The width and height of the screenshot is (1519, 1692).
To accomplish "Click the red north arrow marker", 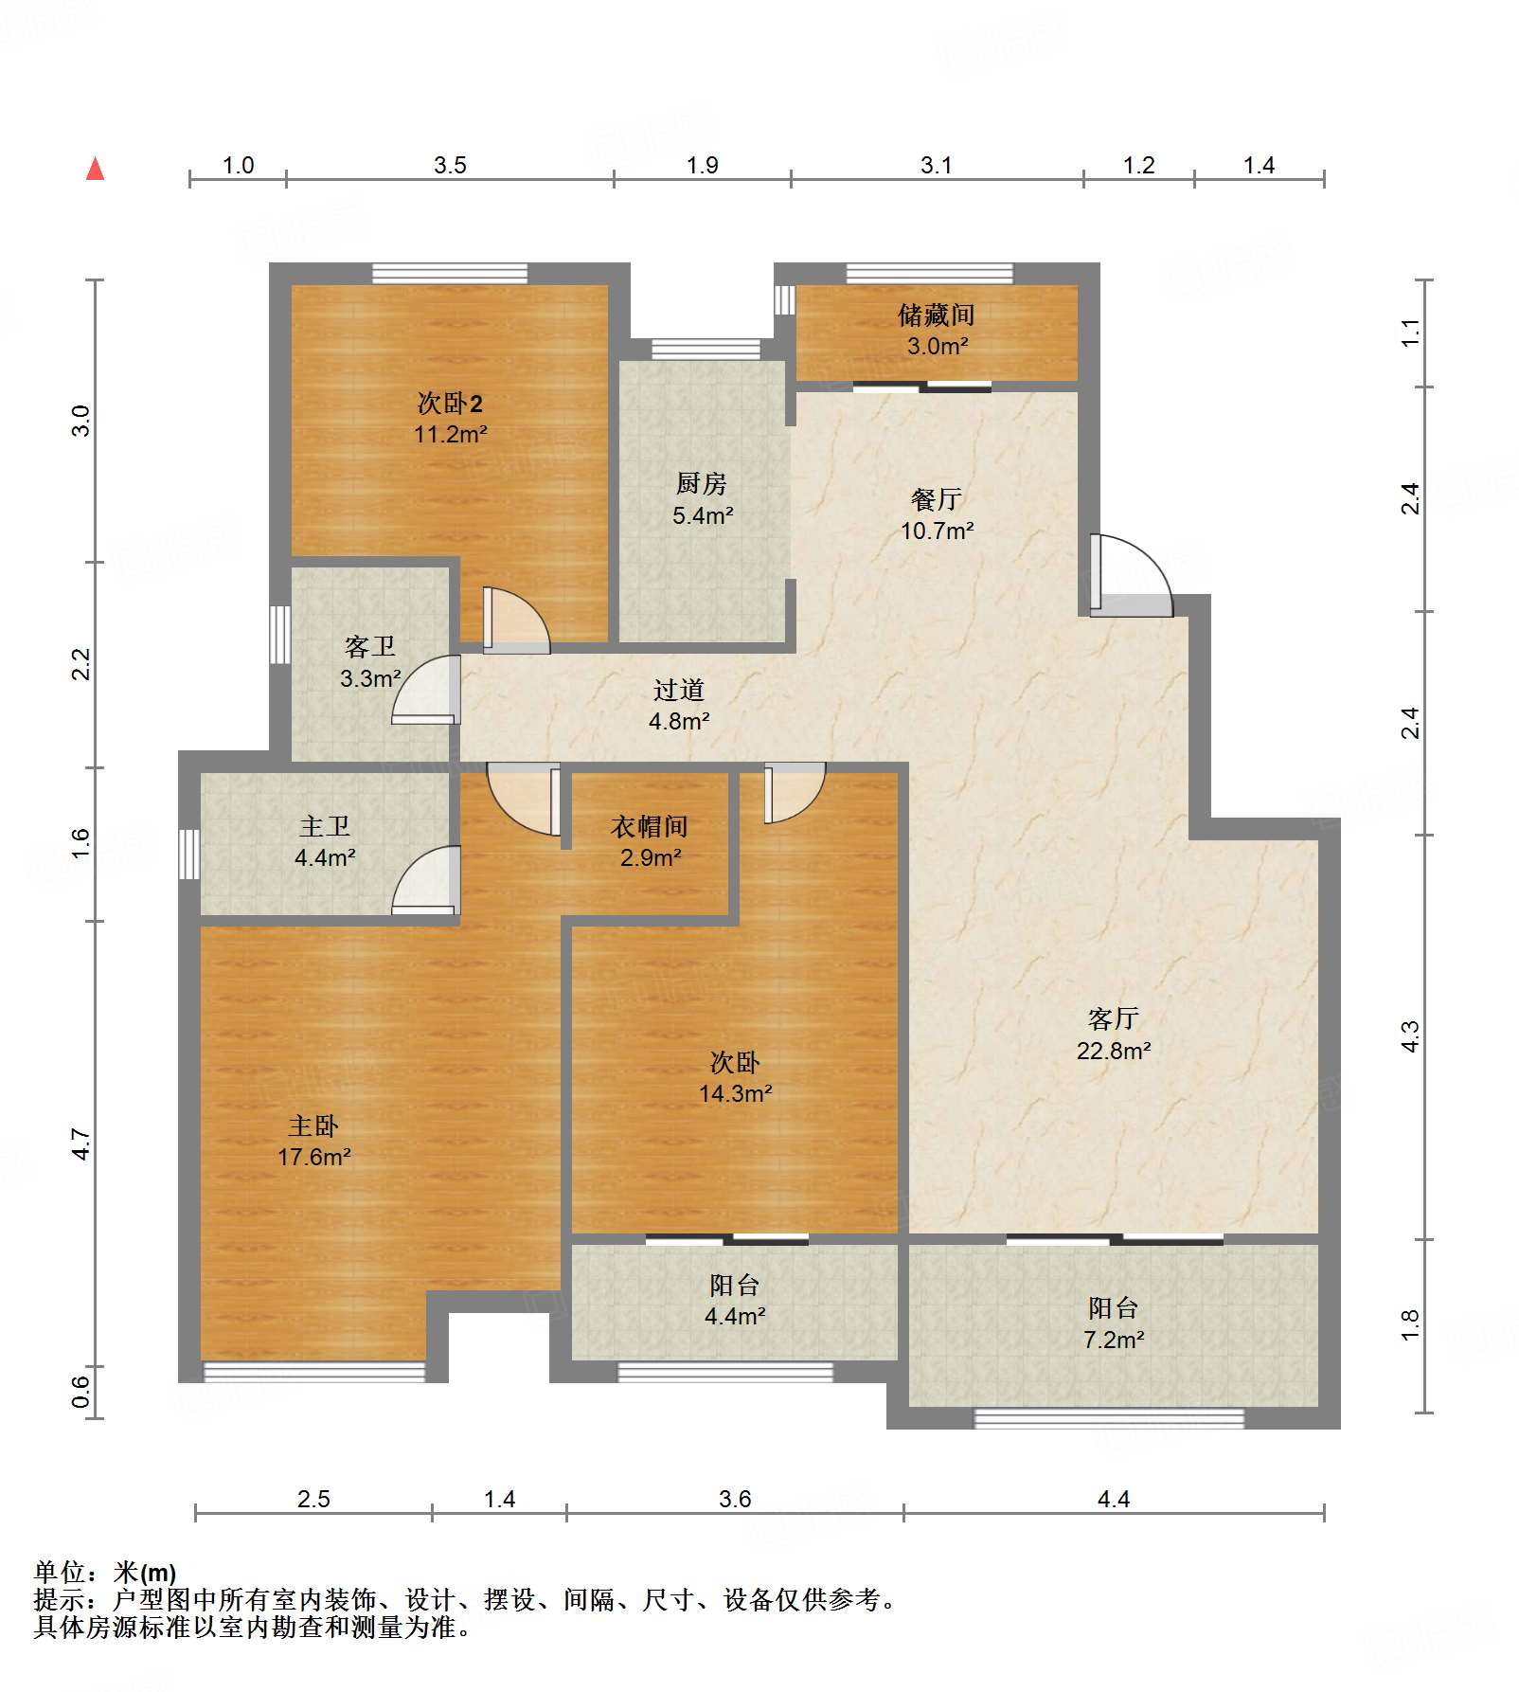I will [x=95, y=170].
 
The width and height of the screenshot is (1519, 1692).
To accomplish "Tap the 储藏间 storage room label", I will [x=936, y=329].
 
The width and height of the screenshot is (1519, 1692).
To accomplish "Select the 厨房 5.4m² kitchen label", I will [x=702, y=499].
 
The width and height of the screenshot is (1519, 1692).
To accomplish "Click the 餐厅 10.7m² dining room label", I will [x=937, y=514].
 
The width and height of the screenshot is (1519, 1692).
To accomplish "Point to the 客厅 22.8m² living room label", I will [x=1113, y=1034].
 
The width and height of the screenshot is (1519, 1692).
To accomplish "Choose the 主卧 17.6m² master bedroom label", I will [x=313, y=1141].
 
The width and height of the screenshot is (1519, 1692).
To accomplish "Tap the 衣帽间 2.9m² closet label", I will [x=650, y=841].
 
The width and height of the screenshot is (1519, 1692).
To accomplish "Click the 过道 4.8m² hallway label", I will [x=678, y=705].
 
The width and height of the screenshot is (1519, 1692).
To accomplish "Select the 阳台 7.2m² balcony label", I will [x=1113, y=1323].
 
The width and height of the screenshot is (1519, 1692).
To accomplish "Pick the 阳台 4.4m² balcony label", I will [x=735, y=1300].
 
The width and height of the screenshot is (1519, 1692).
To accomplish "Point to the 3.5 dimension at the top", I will [x=450, y=165].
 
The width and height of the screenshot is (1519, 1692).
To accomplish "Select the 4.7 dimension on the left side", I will [x=81, y=1143].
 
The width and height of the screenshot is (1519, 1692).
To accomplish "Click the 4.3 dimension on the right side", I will [x=1410, y=1035].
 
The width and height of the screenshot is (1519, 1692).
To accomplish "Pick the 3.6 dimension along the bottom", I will [x=735, y=1499].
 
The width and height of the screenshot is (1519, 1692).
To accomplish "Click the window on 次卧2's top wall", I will [x=450, y=274].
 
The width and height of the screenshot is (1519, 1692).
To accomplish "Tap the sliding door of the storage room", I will [x=922, y=386].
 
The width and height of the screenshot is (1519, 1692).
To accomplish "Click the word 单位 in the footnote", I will [x=60, y=1573].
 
